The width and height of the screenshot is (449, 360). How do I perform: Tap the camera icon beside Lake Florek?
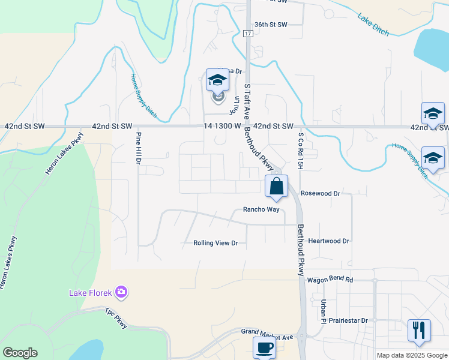click(122, 292)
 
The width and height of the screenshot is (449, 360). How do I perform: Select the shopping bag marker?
click(276, 187)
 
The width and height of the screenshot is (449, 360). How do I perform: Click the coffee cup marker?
click(264, 347)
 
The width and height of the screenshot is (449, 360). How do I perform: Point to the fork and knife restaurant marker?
click(418, 331)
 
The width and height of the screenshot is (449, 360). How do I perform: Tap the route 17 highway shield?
click(248, 34)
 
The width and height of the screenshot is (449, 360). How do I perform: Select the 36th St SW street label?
click(271, 24)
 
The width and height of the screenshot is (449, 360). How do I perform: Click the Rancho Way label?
click(261, 209)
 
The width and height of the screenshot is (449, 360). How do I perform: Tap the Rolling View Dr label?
click(215, 243)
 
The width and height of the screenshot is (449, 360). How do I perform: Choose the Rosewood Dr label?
click(321, 194)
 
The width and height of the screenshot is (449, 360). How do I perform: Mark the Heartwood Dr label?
click(328, 241)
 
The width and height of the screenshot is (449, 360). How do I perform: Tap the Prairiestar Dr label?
click(344, 320)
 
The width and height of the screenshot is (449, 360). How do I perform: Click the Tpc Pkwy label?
click(116, 318)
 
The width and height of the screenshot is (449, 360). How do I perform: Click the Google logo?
click(20, 353)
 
